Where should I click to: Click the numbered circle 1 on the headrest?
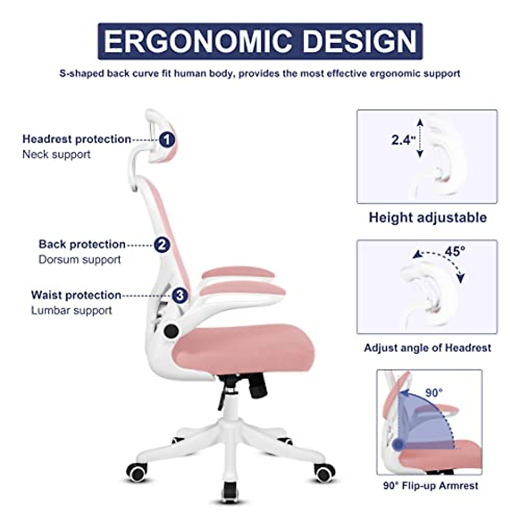167,140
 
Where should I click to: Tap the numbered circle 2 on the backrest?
162,245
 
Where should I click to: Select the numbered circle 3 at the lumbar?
180,296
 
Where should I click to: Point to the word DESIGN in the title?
359,42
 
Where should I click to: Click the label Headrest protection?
77,139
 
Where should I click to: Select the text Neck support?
56,154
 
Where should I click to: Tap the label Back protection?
82,244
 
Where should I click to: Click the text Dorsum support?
80,260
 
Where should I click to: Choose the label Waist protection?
76,295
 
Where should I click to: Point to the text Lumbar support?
71,310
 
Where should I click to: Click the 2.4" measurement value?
403,140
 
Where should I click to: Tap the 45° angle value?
455,251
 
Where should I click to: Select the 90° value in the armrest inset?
434,393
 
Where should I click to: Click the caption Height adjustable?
428,217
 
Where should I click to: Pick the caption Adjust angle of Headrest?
428,348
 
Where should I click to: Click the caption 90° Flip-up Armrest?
430,485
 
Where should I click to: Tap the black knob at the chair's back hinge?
171,331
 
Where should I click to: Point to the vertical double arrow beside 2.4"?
419,139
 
